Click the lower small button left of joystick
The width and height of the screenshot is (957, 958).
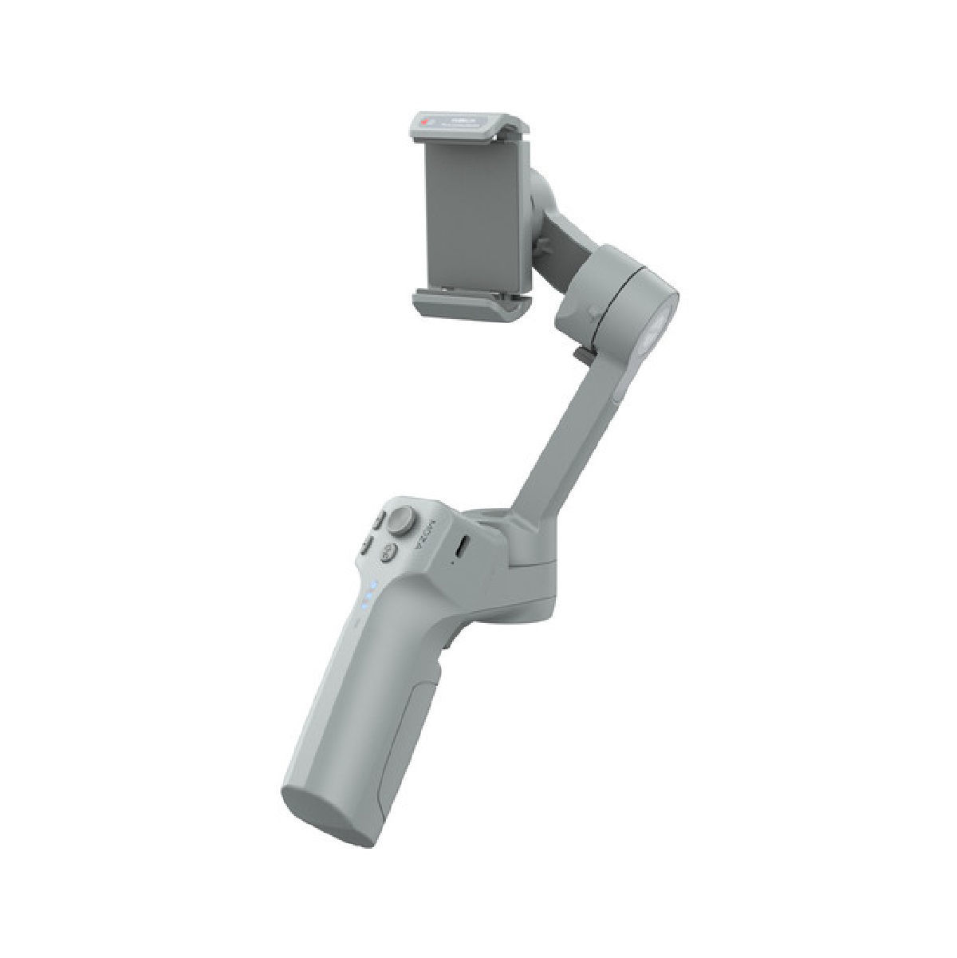point(368,546)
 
